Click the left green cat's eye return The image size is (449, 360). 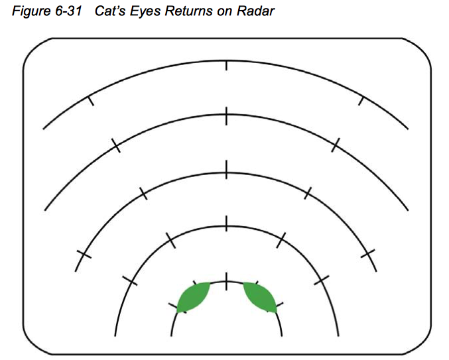click(x=193, y=296)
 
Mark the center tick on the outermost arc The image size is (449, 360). click(x=227, y=65)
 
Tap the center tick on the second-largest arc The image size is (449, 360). click(x=227, y=116)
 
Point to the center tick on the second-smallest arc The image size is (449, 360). click(x=227, y=223)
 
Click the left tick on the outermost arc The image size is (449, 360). click(x=91, y=101)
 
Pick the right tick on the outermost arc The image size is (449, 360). click(x=361, y=101)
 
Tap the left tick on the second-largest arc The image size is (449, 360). click(x=116, y=146)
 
